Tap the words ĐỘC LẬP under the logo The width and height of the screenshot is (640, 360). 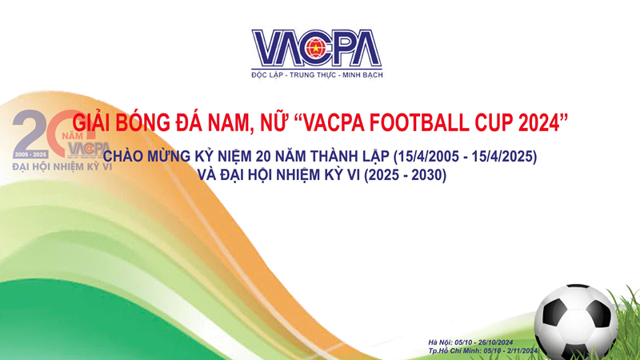(270, 74)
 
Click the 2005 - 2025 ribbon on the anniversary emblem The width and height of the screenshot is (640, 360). (31, 153)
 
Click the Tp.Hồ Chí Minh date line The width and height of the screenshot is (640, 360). (484, 351)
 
